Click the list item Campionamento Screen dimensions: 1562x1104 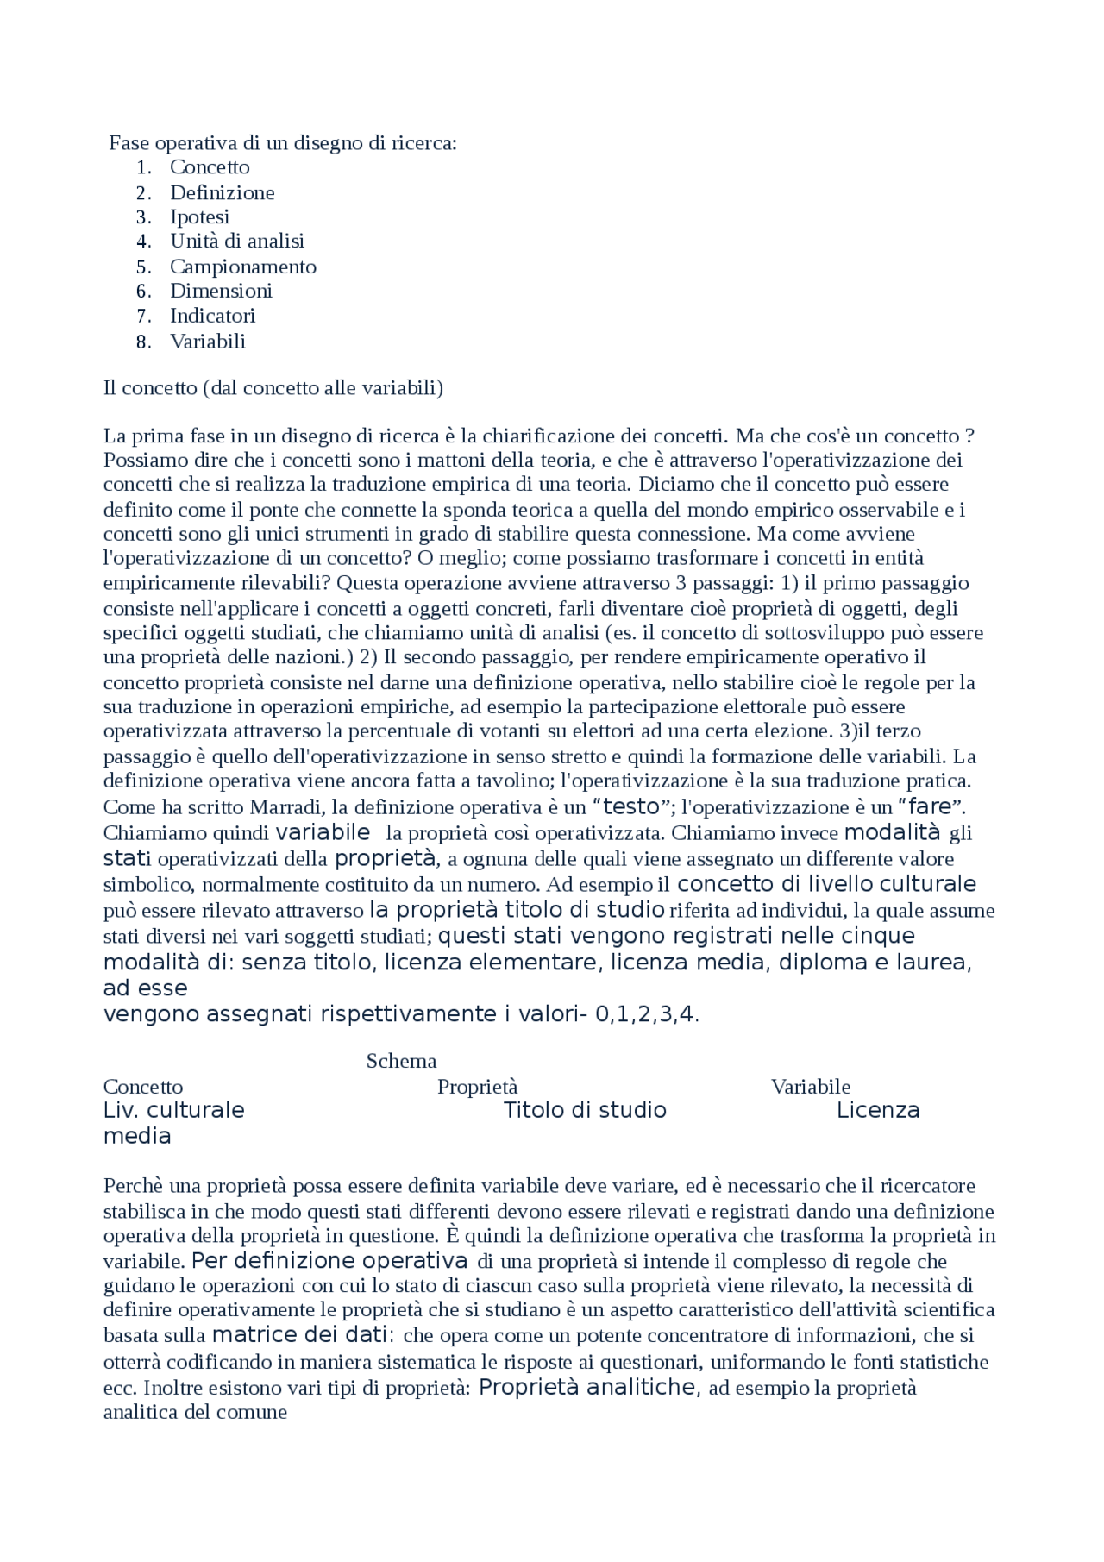(242, 267)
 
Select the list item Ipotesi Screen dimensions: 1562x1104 (199, 216)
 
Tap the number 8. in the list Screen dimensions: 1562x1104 (144, 342)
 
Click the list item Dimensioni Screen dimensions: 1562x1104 (221, 291)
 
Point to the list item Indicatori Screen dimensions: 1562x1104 (212, 316)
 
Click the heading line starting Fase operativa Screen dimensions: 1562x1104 (283, 142)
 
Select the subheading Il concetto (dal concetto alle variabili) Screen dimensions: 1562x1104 (273, 388)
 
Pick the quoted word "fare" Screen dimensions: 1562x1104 (931, 807)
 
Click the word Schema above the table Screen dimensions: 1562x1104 (401, 1061)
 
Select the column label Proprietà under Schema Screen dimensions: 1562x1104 (477, 1087)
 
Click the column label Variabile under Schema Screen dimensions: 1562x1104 (810, 1087)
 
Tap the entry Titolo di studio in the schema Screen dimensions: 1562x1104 (585, 1110)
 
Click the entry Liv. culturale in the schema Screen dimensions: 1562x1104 (173, 1110)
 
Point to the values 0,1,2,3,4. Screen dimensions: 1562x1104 (646, 1014)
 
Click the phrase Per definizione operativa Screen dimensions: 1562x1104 (329, 1261)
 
